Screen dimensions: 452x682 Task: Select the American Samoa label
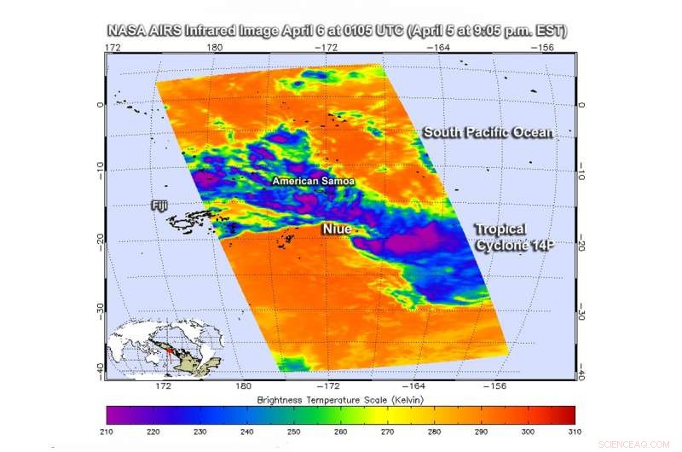tap(313, 182)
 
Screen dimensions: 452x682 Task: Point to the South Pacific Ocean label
tap(488, 132)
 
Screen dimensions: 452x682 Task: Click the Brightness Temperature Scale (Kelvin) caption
tap(341, 400)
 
